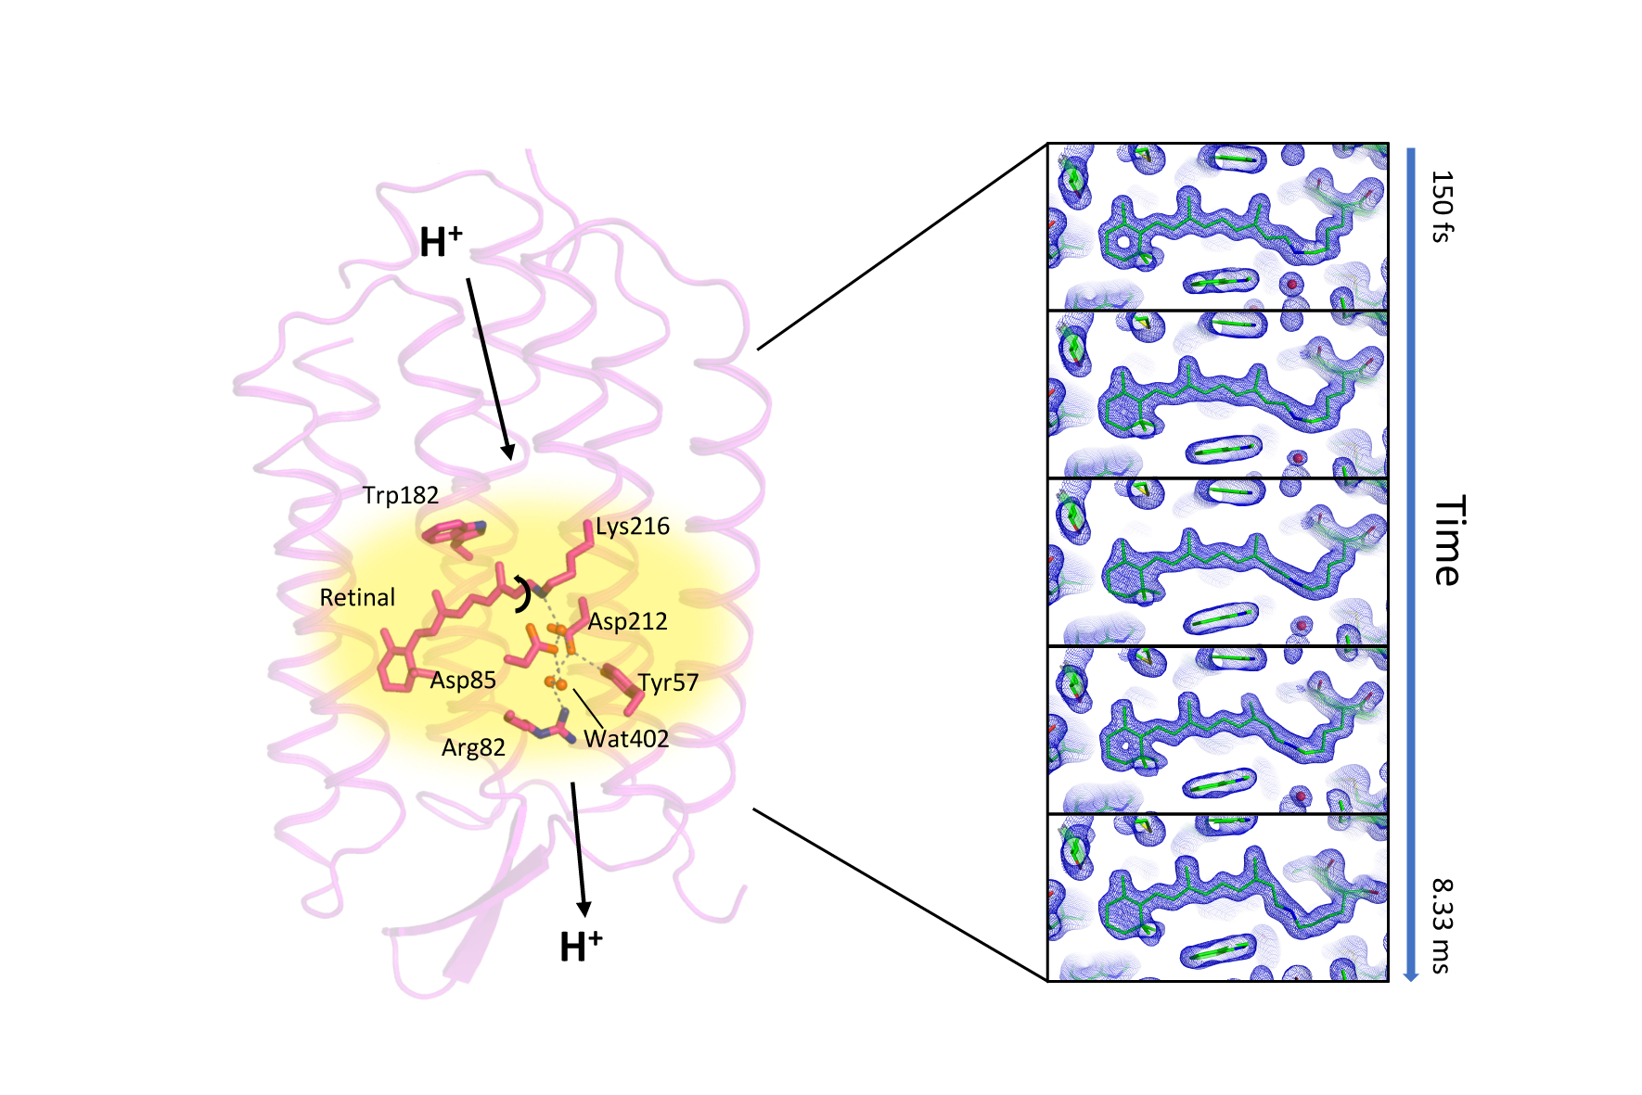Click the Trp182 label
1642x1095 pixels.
point(400,496)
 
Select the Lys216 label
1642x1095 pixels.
point(632,527)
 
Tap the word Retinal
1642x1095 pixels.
point(357,598)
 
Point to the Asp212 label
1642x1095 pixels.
point(627,621)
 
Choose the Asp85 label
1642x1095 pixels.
point(463,681)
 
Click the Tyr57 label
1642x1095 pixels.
point(668,683)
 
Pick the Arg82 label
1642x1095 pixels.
point(473,747)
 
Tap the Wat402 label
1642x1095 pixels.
point(626,739)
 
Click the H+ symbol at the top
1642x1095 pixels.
point(441,242)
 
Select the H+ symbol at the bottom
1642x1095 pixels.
point(581,947)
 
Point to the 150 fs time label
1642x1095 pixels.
point(1441,206)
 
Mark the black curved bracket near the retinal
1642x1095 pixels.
point(524,595)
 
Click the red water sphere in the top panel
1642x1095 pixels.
point(1290,284)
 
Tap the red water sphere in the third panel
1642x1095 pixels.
point(1302,625)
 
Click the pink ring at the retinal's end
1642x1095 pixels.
point(398,668)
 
